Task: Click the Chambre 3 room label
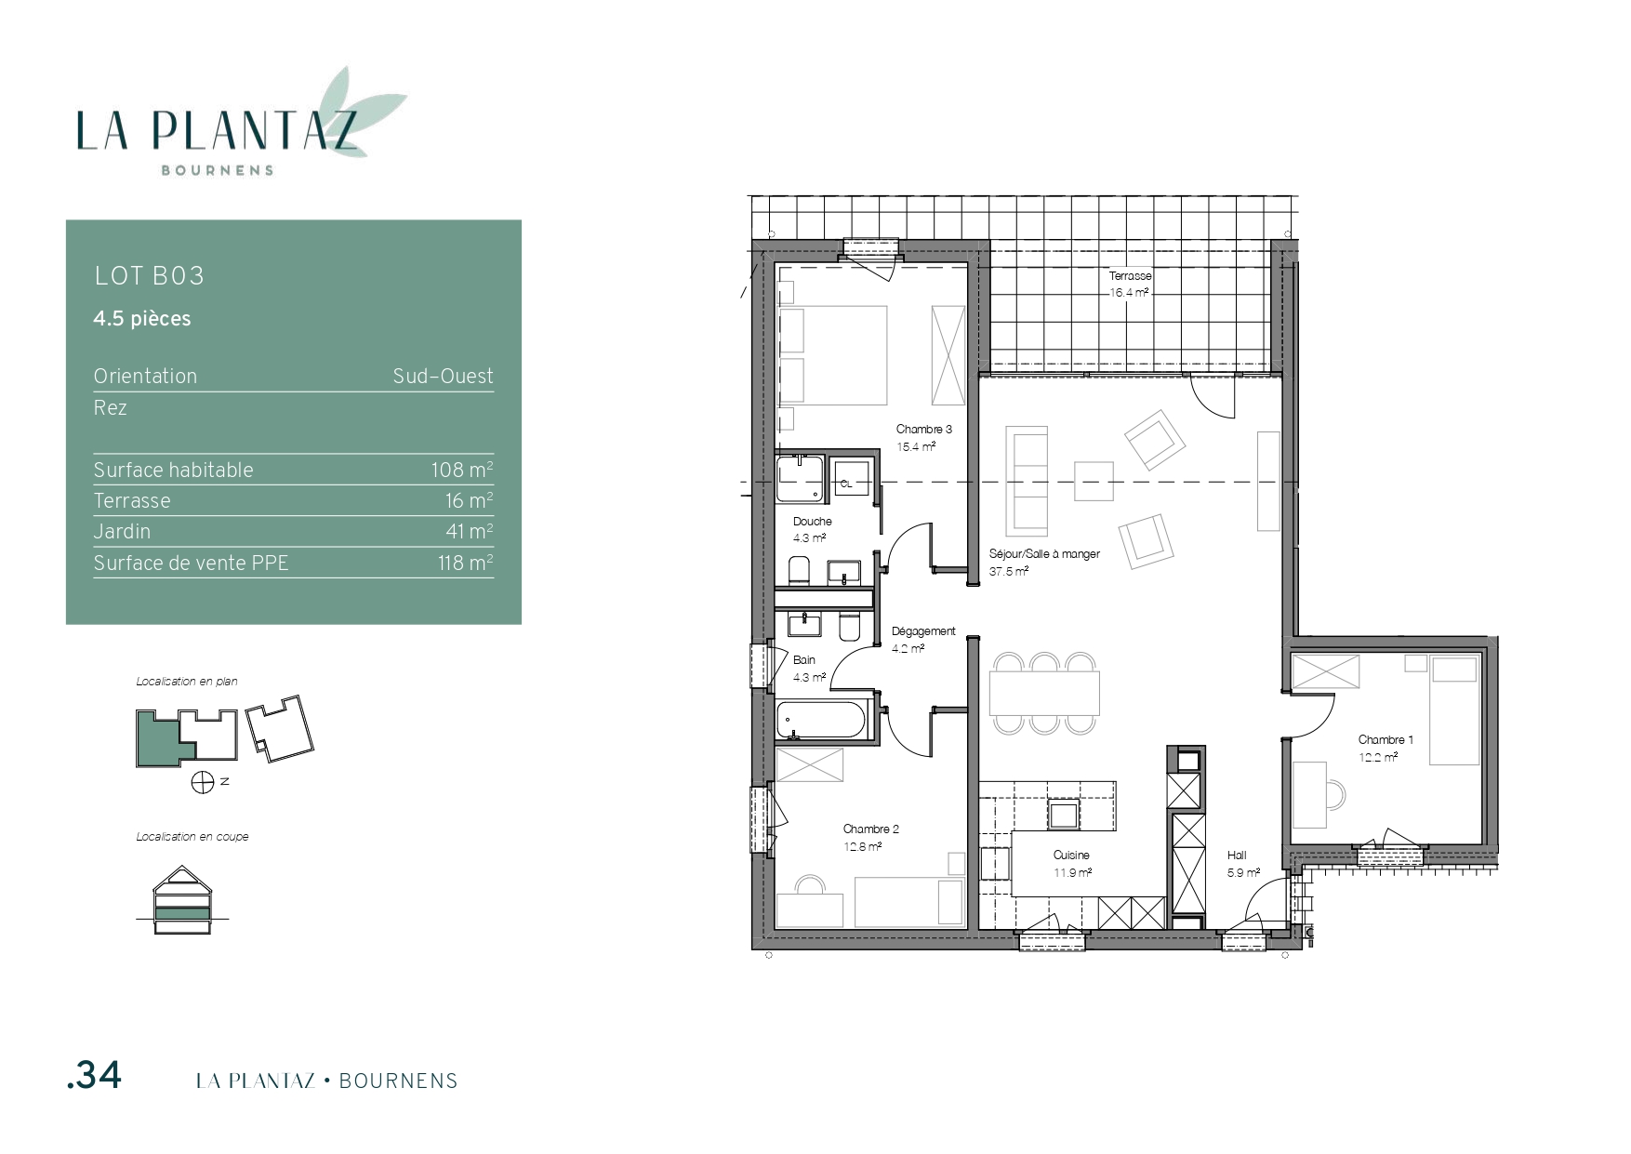click(923, 430)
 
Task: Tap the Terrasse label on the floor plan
click(1130, 276)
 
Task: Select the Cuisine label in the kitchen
click(1071, 856)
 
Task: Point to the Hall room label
click(1237, 856)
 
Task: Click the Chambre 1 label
click(1386, 740)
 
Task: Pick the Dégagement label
click(923, 631)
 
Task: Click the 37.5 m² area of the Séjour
click(1009, 572)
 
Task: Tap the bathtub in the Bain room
click(822, 720)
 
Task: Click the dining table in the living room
click(1044, 693)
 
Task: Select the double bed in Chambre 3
click(833, 355)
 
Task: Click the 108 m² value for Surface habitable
click(461, 470)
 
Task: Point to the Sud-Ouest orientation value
click(443, 377)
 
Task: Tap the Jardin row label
click(122, 532)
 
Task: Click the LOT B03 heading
click(149, 276)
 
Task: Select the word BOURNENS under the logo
click(218, 170)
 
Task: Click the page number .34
click(94, 1075)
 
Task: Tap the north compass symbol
click(203, 783)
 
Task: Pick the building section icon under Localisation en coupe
click(183, 901)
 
